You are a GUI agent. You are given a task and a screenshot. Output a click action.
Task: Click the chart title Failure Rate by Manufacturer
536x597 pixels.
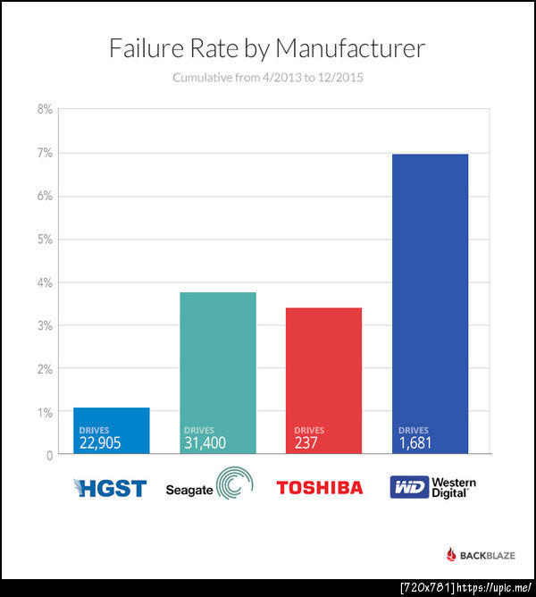(x=267, y=48)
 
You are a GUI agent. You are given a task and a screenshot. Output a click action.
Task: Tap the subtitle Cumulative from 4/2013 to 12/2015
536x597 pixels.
(x=267, y=78)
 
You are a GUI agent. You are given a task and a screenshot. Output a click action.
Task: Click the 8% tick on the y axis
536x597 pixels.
(x=44, y=110)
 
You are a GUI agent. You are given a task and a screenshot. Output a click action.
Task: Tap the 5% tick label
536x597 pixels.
(x=44, y=240)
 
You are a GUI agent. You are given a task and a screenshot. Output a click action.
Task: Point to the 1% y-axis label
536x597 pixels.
(x=44, y=412)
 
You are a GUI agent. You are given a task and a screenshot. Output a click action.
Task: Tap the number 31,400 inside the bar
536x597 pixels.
(x=205, y=442)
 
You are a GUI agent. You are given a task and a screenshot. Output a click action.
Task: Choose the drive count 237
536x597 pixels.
(x=305, y=442)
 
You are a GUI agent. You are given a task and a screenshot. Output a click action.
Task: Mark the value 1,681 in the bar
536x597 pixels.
(x=415, y=442)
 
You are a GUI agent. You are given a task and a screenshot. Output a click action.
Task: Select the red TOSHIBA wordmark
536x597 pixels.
(x=320, y=488)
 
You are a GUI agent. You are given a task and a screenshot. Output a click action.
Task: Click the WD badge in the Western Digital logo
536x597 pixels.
(x=408, y=488)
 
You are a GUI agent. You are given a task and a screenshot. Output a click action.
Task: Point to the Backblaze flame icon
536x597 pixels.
(x=451, y=555)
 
